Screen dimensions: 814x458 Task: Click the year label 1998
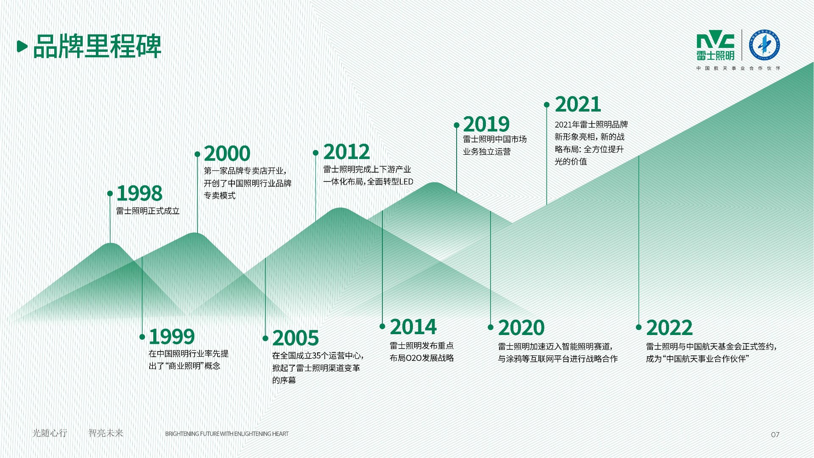[x=139, y=193]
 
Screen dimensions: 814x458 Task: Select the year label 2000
[x=227, y=154]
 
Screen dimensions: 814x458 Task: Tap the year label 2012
[x=346, y=152]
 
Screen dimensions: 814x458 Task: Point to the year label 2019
[x=486, y=124]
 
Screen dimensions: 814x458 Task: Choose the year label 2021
[x=577, y=104]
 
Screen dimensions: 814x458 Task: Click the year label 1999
[x=172, y=337]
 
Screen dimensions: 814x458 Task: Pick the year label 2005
[x=295, y=338]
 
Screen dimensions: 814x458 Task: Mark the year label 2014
[x=413, y=327]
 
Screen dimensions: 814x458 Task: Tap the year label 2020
[x=521, y=328]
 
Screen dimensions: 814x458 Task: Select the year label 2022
[x=669, y=328]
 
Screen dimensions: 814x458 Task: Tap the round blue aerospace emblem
[x=765, y=45]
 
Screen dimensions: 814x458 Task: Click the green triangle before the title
[x=22, y=46]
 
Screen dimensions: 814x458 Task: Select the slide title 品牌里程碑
[x=97, y=46]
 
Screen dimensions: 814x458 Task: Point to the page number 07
[x=775, y=434]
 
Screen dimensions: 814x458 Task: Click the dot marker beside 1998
[x=110, y=193]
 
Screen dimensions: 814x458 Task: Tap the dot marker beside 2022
[x=638, y=327]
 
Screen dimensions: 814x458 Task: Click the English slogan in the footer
[x=227, y=434]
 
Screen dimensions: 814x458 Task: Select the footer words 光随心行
[x=50, y=433]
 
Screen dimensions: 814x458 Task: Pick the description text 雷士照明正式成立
[x=148, y=211]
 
